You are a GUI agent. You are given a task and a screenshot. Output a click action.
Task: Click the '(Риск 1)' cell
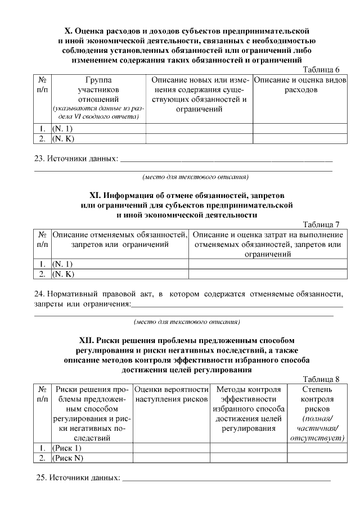(67, 448)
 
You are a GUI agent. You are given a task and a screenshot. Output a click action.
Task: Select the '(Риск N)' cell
(67, 458)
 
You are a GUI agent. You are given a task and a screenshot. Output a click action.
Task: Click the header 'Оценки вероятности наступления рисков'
(171, 394)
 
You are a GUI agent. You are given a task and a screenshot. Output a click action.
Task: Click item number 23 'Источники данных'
(76, 158)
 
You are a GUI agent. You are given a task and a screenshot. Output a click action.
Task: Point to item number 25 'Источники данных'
(79, 478)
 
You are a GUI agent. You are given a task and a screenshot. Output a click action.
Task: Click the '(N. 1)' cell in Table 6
(62, 129)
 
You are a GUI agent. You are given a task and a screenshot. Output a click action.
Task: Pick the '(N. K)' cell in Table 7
(63, 274)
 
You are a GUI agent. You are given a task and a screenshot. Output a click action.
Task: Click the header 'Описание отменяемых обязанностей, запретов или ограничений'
(120, 240)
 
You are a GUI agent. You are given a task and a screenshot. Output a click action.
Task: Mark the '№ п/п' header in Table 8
(43, 394)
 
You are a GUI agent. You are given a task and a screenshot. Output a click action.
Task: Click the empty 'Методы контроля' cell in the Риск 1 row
(247, 448)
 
